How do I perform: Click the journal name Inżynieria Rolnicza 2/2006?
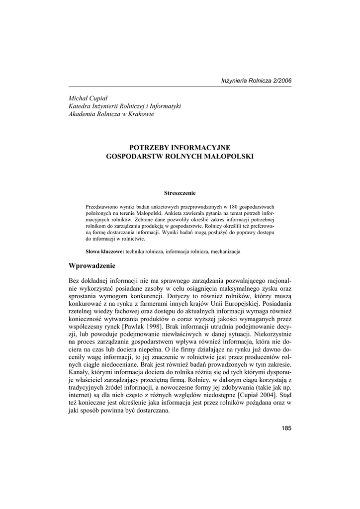[256, 81]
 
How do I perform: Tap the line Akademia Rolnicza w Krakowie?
[111, 114]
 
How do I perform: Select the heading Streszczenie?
[180, 192]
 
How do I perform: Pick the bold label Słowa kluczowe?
[104, 252]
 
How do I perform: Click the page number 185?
[286, 428]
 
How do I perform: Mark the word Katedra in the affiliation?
[80, 106]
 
